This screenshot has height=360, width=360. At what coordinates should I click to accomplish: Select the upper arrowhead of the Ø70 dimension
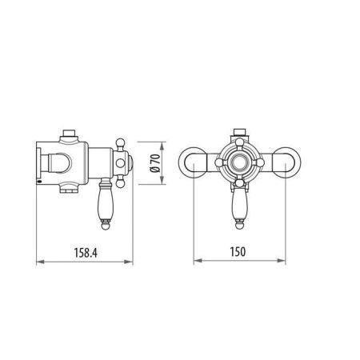coord(162,145)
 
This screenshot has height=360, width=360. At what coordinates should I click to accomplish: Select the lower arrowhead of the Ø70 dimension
coord(162,183)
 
